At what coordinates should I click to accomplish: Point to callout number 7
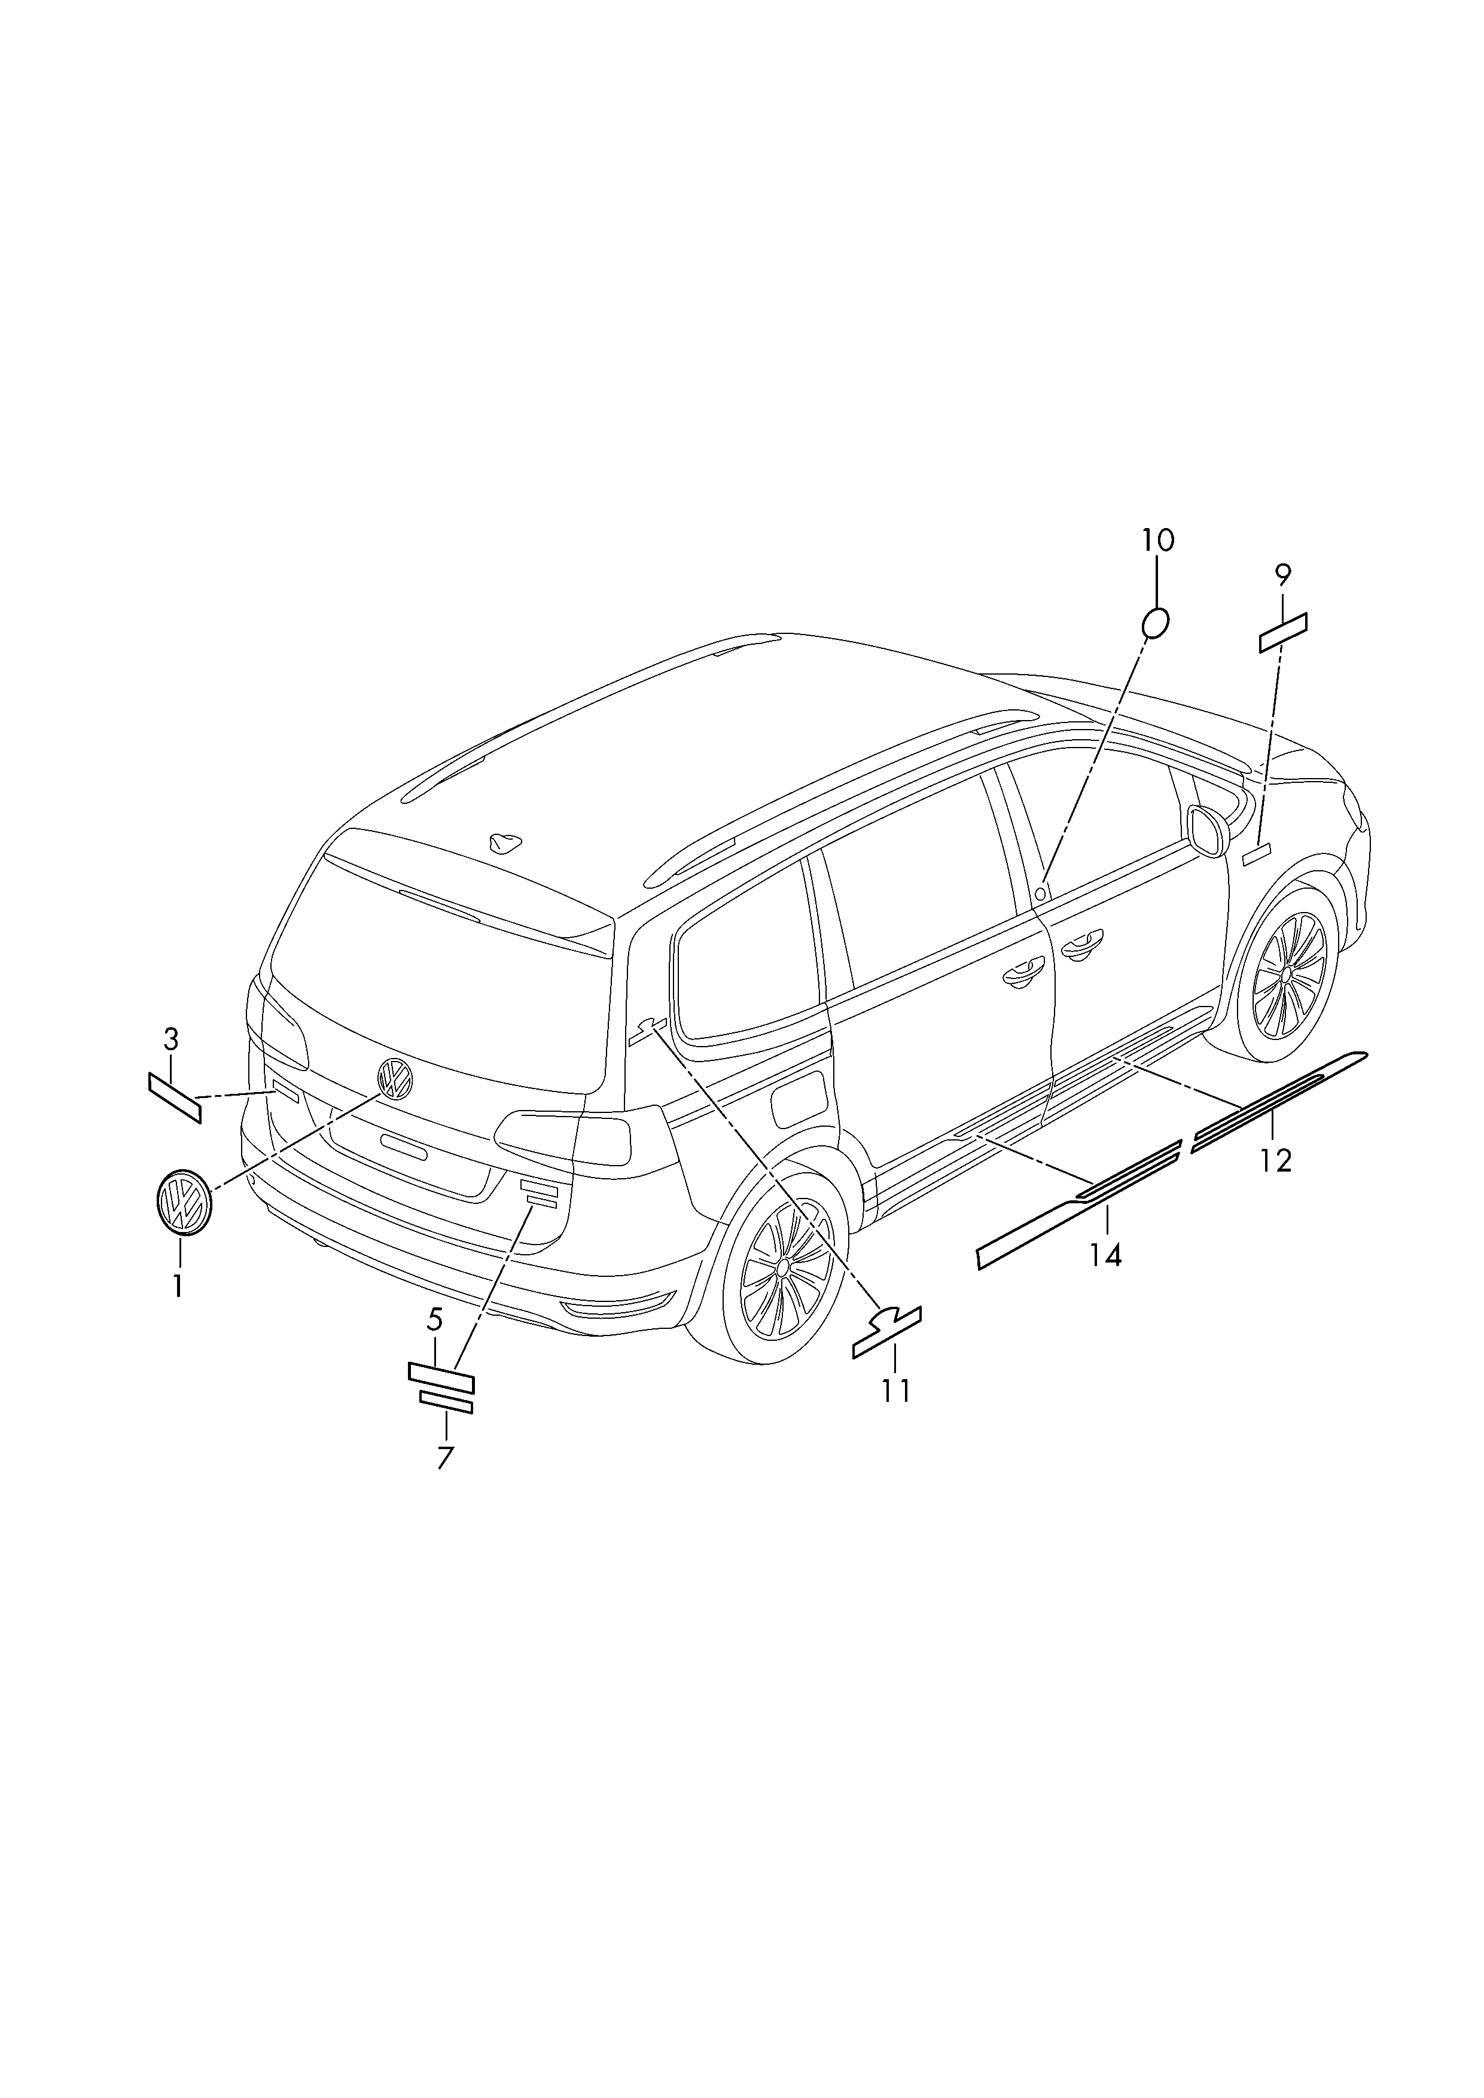tap(445, 1457)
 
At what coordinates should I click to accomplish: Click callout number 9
tap(1283, 575)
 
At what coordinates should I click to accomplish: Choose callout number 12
tap(1276, 1160)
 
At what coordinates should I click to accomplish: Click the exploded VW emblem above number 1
tap(184, 1203)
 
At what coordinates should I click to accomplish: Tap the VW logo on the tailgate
tap(395, 1079)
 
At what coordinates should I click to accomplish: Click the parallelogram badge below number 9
tap(1283, 632)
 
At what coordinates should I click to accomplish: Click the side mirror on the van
tap(1208, 831)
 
